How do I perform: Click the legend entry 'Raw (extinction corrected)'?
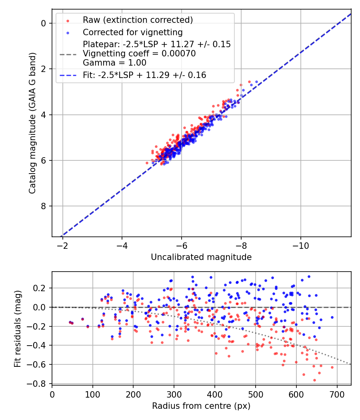coord(138,20)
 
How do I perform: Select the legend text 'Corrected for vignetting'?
coord(132,32)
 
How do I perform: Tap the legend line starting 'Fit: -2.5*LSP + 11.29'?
coord(144,75)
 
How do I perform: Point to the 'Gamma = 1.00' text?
coord(114,63)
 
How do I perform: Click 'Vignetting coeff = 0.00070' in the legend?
coord(139,54)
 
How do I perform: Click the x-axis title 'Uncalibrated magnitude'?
coord(201,257)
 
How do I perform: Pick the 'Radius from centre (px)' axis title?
coord(201,406)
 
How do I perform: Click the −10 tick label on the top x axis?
coord(300,246)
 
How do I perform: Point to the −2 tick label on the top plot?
coord(62,246)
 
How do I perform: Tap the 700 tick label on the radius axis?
coord(337,394)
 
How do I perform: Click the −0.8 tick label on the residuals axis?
coord(38,384)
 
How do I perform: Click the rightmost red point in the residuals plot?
coord(332,367)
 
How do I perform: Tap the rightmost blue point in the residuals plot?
coord(332,317)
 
